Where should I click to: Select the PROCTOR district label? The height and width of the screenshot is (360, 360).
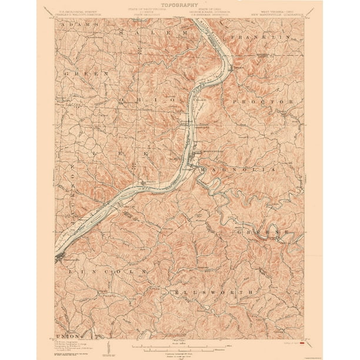coord(270,102)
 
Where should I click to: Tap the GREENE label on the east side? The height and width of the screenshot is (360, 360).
coord(264,232)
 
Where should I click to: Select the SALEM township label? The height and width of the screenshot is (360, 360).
coord(153,34)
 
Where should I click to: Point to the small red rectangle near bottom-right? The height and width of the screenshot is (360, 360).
coord(302,341)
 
